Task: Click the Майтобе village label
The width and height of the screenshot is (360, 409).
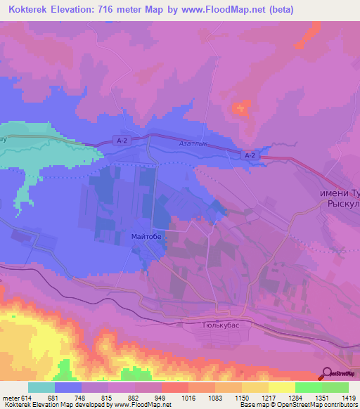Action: click(x=146, y=237)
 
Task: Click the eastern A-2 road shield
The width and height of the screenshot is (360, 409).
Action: click(x=250, y=155)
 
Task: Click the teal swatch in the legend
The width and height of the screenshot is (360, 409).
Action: click(x=41, y=387)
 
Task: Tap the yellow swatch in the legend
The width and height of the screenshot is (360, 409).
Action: click(x=281, y=387)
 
